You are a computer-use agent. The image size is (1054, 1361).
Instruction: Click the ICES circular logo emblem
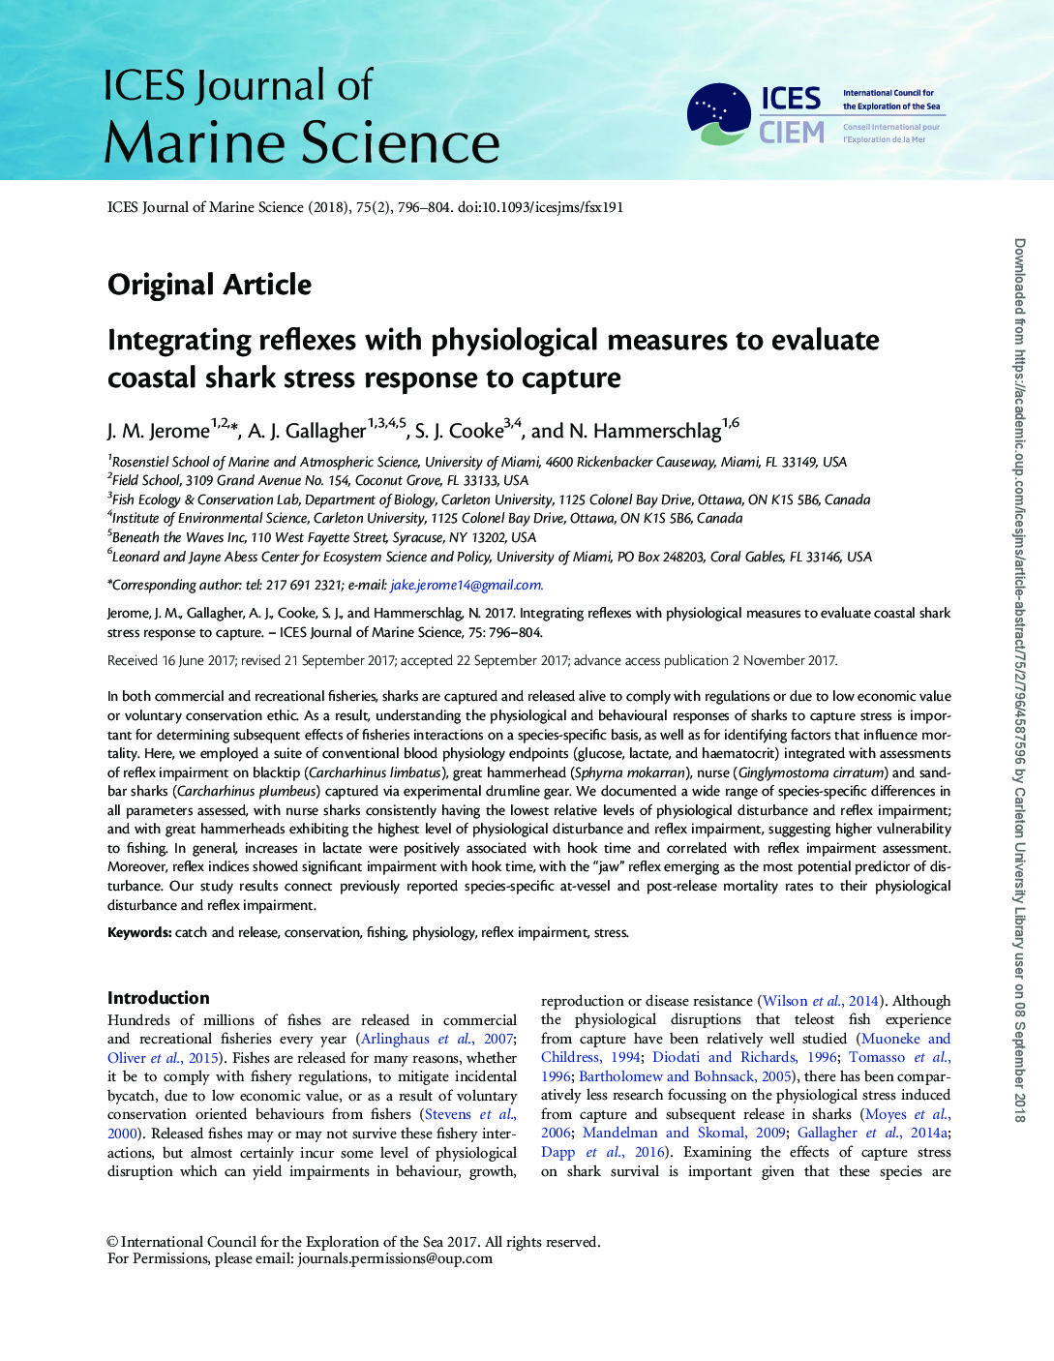[x=718, y=114]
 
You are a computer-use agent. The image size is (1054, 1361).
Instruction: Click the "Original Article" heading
[x=209, y=285]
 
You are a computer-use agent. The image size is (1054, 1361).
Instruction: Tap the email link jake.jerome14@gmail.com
[x=467, y=585]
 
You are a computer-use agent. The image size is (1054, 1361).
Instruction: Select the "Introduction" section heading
[x=158, y=998]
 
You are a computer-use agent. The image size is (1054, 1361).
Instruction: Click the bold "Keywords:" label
[x=139, y=932]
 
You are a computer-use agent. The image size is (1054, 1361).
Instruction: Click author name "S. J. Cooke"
[x=459, y=431]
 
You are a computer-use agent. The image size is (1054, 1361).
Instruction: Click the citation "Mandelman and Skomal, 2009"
[x=683, y=1133]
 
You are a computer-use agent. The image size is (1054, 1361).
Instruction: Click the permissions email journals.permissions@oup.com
[x=395, y=1258]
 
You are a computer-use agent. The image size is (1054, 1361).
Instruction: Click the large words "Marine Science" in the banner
[x=301, y=143]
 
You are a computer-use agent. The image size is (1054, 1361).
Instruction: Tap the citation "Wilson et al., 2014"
[x=820, y=1001]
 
